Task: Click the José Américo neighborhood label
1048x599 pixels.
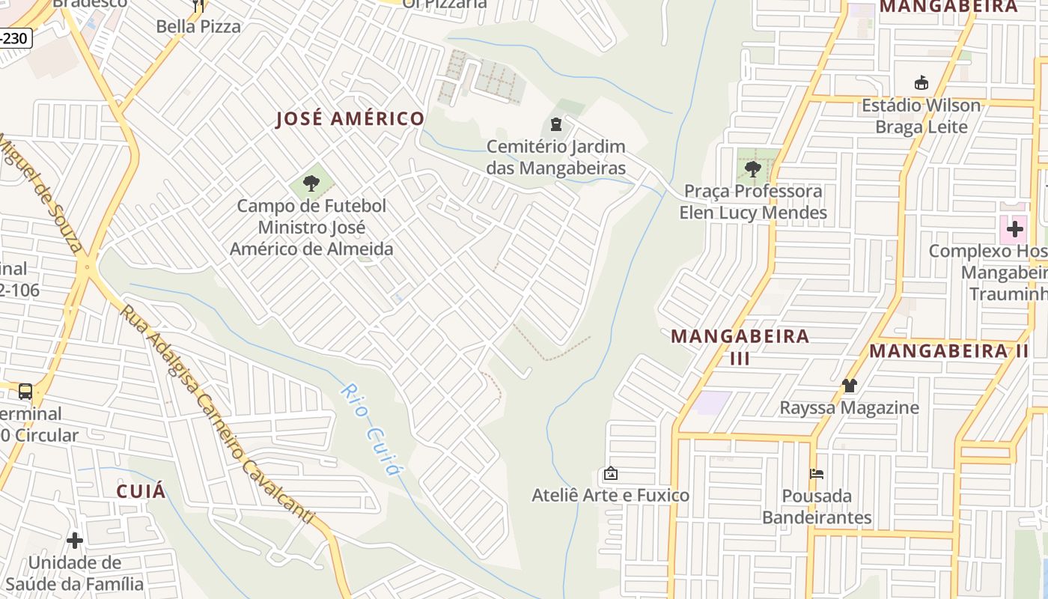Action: click(x=350, y=119)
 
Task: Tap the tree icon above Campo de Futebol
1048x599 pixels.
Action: click(x=311, y=183)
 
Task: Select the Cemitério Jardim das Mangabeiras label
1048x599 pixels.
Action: click(x=555, y=156)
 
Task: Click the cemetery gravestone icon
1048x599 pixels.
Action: click(x=555, y=124)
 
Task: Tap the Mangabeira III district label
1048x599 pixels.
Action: click(x=740, y=346)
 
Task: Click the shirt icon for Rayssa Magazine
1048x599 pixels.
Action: click(x=849, y=386)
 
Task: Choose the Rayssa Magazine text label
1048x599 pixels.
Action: click(x=849, y=408)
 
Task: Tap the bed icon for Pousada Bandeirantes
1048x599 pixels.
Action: click(x=817, y=473)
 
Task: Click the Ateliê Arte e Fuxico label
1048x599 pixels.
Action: click(x=610, y=495)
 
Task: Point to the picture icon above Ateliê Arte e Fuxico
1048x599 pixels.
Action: click(x=610, y=473)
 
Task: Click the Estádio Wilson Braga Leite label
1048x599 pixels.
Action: click(x=921, y=115)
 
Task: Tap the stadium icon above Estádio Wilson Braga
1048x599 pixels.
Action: click(x=921, y=82)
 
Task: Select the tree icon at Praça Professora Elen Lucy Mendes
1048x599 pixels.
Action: click(x=753, y=168)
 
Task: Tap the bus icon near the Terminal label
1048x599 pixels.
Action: click(x=25, y=391)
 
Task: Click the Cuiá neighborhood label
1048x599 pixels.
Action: click(x=141, y=491)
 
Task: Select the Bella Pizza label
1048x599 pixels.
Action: click(x=198, y=26)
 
